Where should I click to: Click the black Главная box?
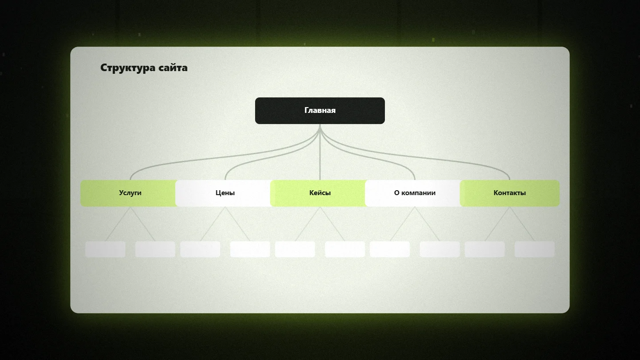tap(320, 111)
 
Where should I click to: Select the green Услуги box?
tap(128, 193)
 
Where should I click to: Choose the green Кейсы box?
tap(318, 193)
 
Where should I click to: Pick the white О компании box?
tap(413, 193)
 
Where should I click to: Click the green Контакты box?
tap(510, 193)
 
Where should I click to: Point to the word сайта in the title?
tap(173, 68)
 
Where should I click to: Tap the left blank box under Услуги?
tap(105, 249)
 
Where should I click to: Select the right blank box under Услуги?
tap(155, 249)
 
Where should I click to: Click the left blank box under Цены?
tap(200, 249)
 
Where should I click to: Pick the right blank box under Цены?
tap(250, 249)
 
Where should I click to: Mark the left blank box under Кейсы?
tap(295, 249)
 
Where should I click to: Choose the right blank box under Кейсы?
tap(345, 249)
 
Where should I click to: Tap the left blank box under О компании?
tap(390, 249)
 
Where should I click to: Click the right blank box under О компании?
tap(440, 249)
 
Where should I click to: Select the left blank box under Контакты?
tap(484, 249)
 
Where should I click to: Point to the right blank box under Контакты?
tap(535, 249)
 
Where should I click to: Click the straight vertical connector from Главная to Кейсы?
tap(320, 152)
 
